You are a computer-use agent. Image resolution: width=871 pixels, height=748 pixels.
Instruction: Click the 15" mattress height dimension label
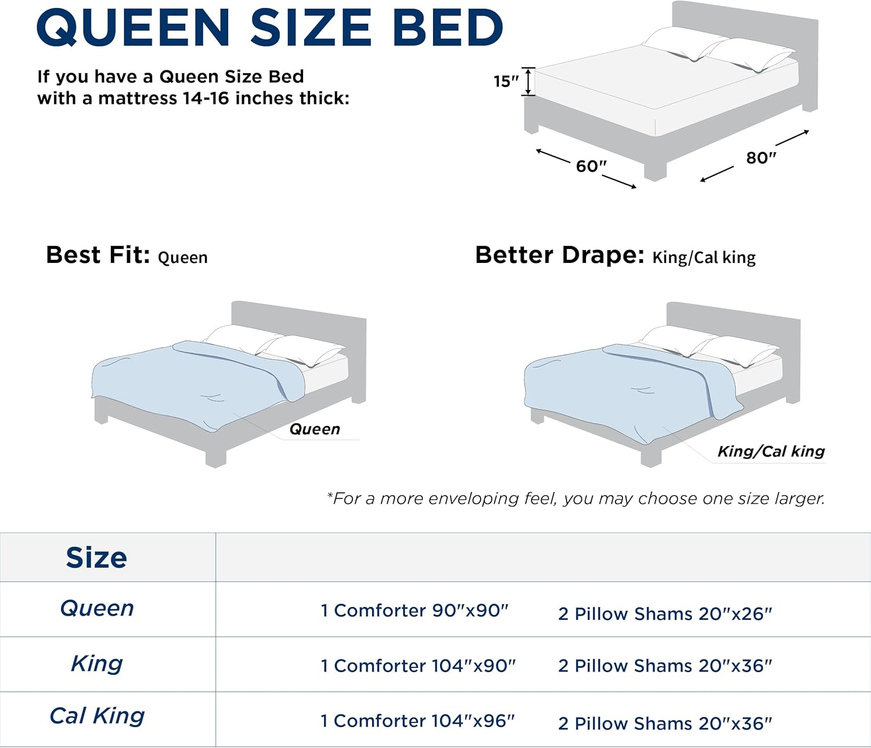[x=506, y=81]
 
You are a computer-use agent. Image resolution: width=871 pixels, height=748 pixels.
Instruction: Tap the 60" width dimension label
[x=591, y=166]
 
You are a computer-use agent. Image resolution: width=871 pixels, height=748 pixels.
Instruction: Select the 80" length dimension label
[x=761, y=157]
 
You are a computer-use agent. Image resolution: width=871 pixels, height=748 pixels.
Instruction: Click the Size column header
[x=96, y=558]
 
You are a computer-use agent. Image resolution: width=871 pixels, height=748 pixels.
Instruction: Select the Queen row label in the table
[x=97, y=608]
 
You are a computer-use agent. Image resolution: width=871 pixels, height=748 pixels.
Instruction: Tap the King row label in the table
[x=97, y=663]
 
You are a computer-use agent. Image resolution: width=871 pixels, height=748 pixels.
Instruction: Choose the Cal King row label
[x=97, y=716]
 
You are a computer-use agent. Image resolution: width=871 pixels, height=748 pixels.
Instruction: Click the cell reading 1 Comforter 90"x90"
[x=415, y=610]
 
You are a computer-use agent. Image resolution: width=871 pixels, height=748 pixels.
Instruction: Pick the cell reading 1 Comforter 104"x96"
[x=417, y=721]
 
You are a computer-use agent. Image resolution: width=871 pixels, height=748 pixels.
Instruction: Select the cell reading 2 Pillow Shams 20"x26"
[x=665, y=614]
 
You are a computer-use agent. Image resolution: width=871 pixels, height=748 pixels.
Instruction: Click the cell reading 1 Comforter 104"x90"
[x=418, y=666]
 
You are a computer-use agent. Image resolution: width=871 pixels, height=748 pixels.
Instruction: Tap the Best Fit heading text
[x=98, y=255]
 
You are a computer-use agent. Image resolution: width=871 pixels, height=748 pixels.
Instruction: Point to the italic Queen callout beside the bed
[x=315, y=429]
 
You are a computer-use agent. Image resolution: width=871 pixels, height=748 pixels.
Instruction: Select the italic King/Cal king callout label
[x=771, y=451]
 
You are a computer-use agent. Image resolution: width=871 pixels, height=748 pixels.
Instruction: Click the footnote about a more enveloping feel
[x=575, y=498]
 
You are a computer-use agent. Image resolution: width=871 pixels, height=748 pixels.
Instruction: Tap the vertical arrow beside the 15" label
[x=528, y=81]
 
